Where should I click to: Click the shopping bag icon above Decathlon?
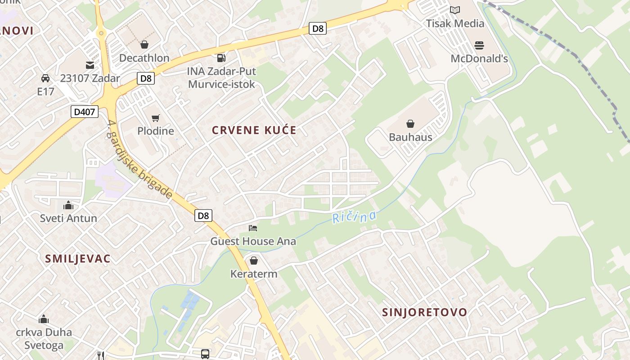click(144, 45)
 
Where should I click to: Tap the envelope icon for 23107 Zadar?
click(90, 65)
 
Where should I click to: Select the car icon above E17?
click(45, 78)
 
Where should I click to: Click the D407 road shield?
click(85, 112)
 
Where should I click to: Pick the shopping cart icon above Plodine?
click(156, 118)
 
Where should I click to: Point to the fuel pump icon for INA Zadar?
click(221, 58)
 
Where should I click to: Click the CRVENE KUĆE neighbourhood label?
click(254, 130)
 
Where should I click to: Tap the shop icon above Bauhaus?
click(410, 124)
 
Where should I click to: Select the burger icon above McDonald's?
click(479, 45)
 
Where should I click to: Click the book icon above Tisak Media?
click(455, 10)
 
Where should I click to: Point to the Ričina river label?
click(354, 217)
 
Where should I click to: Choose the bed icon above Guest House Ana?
click(253, 228)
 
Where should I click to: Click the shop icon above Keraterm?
click(254, 261)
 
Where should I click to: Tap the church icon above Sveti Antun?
click(68, 206)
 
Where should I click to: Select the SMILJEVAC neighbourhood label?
click(78, 259)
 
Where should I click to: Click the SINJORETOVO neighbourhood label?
click(425, 312)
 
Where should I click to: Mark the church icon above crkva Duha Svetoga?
click(44, 319)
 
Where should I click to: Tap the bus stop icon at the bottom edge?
click(205, 354)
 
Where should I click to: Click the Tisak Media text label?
click(455, 23)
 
